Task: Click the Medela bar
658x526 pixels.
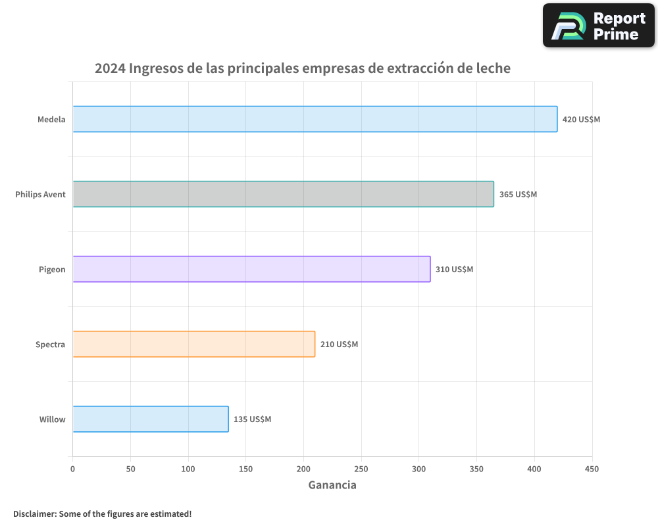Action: [x=315, y=119]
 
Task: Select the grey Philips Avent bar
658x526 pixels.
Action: [x=283, y=194]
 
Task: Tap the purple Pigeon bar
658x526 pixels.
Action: [x=251, y=269]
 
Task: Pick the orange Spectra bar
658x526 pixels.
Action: [x=193, y=344]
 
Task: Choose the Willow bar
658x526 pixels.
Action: [x=150, y=419]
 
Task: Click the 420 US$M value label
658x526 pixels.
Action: [x=581, y=120]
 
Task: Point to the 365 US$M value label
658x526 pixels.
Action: [x=518, y=195]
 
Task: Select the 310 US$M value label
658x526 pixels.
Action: [x=454, y=270]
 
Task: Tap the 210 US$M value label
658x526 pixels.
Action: [x=339, y=345]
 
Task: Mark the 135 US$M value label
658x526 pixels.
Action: [x=252, y=419]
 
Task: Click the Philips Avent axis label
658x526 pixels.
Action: [x=40, y=195]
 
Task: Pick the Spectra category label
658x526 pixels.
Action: [x=50, y=345]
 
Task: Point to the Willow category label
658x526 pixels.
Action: [x=52, y=419]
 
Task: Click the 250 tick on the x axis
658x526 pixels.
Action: [x=361, y=469]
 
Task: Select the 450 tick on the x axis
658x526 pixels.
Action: [x=592, y=469]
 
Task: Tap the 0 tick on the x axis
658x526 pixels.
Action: [x=72, y=469]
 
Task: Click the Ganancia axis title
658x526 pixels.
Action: [x=332, y=485]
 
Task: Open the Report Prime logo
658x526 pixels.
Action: [x=599, y=26]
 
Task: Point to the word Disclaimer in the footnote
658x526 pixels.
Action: [x=34, y=514]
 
